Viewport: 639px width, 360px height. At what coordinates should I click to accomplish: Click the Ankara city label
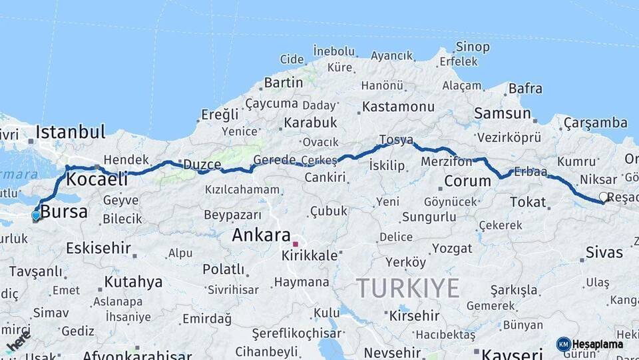(x=261, y=235)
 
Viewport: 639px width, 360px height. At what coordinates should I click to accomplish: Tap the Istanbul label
(x=71, y=131)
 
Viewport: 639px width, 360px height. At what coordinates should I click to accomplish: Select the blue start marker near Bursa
(x=35, y=215)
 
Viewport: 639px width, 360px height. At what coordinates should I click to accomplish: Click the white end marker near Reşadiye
(x=603, y=197)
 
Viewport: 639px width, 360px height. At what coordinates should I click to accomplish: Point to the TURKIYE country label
(x=407, y=288)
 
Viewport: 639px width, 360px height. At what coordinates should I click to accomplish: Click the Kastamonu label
(x=398, y=106)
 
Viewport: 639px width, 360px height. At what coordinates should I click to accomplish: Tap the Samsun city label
(x=502, y=113)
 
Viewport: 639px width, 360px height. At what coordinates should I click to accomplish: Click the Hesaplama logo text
(x=598, y=344)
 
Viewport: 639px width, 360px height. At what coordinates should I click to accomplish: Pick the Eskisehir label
(x=98, y=248)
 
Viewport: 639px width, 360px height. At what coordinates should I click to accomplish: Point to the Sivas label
(x=604, y=252)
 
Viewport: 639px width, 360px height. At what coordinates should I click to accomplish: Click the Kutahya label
(x=133, y=281)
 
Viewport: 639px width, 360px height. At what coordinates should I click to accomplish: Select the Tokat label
(x=528, y=201)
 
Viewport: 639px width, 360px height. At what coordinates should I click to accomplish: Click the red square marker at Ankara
(x=295, y=244)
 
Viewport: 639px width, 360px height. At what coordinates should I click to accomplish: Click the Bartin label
(x=283, y=83)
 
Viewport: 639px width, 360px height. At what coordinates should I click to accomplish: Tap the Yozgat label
(x=452, y=248)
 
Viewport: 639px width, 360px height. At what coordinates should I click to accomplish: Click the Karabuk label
(x=310, y=123)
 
